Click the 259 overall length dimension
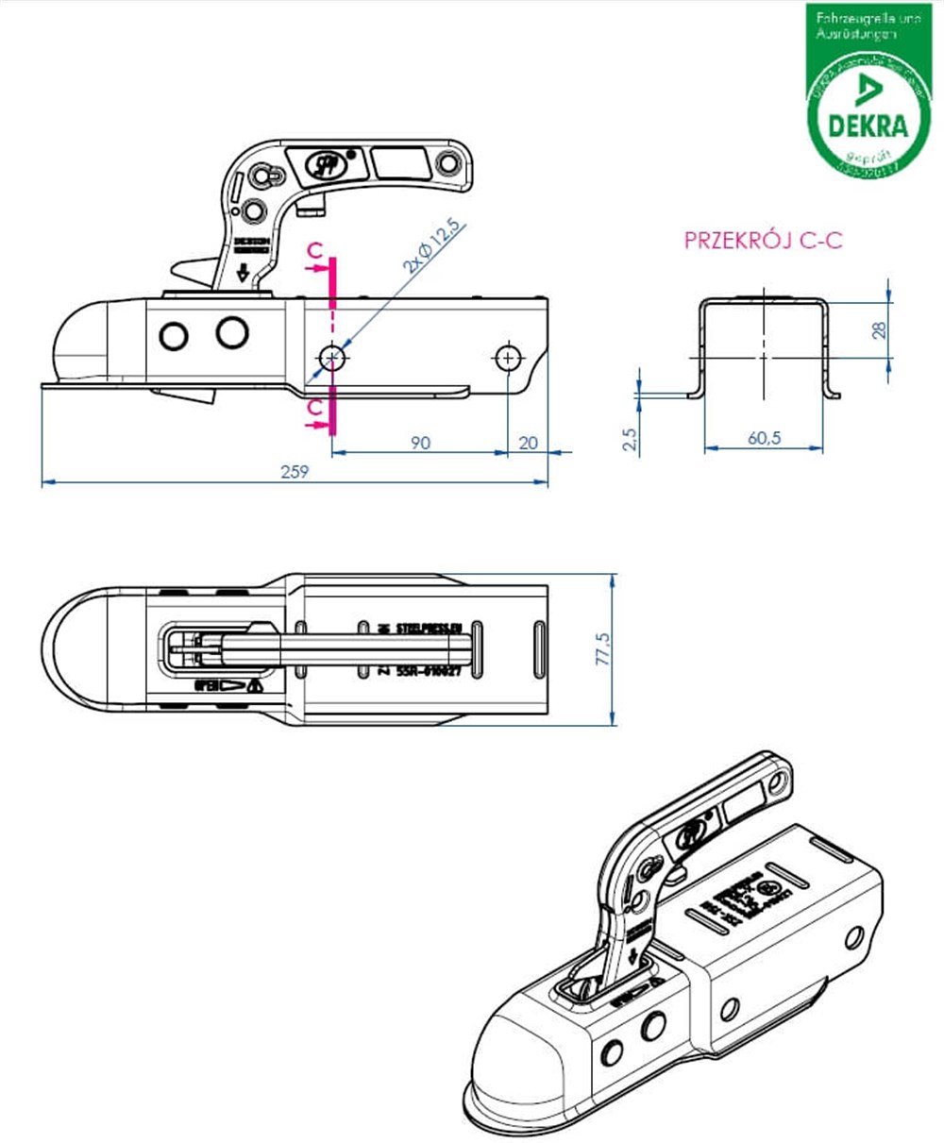(x=295, y=473)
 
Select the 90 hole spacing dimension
(x=421, y=443)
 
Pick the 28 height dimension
(x=879, y=330)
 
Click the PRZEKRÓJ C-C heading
(x=763, y=241)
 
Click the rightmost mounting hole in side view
(x=508, y=358)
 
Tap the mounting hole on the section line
(x=331, y=358)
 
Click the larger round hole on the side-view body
(x=231, y=332)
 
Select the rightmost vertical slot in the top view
(x=537, y=649)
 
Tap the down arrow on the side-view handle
(x=243, y=273)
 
